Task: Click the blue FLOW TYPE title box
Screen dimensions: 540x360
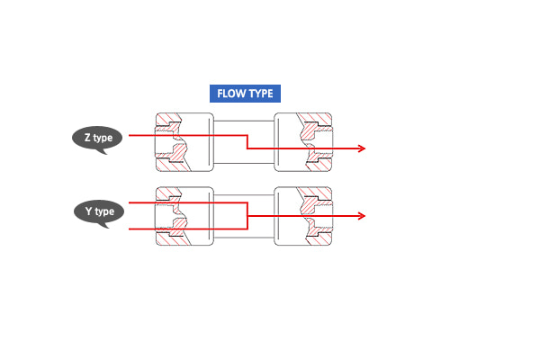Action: pyautogui.click(x=245, y=94)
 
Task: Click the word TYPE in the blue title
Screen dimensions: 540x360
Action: pyautogui.click(x=260, y=94)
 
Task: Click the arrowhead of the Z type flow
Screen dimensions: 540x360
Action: pyautogui.click(x=362, y=148)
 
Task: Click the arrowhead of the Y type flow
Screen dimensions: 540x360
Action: pyautogui.click(x=362, y=216)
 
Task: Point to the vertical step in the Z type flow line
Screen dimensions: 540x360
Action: pyautogui.click(x=247, y=142)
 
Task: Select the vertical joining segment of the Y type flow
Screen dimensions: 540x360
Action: pyautogui.click(x=247, y=216)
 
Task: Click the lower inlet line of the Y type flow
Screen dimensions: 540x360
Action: pyautogui.click(x=188, y=229)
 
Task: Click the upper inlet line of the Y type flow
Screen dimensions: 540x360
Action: pyautogui.click(x=188, y=202)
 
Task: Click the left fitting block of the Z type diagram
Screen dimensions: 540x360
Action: pyautogui.click(x=184, y=142)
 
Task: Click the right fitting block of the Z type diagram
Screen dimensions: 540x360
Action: pyautogui.click(x=303, y=142)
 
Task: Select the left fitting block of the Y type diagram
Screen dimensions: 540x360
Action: pyautogui.click(x=184, y=216)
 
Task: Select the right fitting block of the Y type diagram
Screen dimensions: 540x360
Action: pyautogui.click(x=303, y=216)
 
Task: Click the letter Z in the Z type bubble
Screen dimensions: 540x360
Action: pyautogui.click(x=88, y=138)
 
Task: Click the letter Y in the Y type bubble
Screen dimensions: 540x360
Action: pyautogui.click(x=89, y=211)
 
